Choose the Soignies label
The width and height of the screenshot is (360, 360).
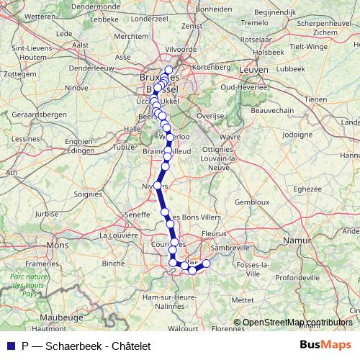[x=89, y=194]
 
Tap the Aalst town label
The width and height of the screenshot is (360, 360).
[x=81, y=44]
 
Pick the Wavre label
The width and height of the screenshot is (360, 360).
[x=230, y=136]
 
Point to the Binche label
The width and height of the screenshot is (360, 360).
[x=113, y=264]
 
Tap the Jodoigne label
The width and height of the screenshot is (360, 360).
[x=298, y=134]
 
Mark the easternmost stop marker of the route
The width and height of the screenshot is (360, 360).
[x=206, y=264]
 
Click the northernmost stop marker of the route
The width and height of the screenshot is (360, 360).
[x=168, y=70]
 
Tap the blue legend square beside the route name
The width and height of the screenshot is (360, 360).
[x=9, y=346]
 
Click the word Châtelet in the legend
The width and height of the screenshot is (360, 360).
[x=127, y=346]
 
